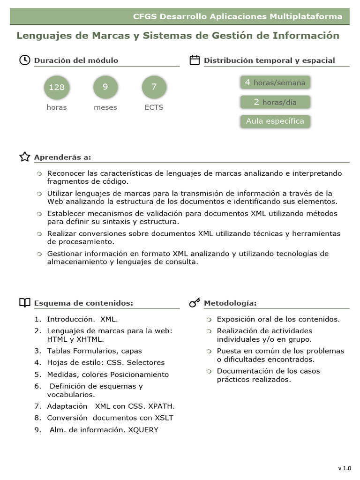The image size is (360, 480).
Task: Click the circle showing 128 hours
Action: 57,87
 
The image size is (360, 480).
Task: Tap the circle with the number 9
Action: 105,87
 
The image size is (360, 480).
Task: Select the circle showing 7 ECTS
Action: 154,87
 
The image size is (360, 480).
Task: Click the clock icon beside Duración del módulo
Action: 24,60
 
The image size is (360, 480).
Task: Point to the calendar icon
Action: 195,60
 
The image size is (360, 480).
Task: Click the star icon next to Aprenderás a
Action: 24,157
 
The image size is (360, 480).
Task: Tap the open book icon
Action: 24,303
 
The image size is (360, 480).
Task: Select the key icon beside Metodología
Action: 195,303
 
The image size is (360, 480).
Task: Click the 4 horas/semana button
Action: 275,82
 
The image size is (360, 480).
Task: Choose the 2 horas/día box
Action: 275,102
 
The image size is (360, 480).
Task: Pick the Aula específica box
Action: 275,121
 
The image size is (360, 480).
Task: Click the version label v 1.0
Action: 344,468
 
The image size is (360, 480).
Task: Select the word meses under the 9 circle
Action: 105,107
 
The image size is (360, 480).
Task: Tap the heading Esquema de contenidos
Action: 83,303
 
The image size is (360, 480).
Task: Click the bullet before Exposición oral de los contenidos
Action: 209,320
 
